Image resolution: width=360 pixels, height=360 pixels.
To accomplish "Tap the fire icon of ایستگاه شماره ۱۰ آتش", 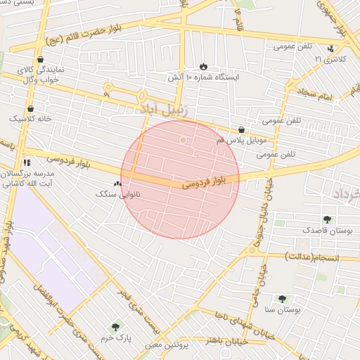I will [204, 66].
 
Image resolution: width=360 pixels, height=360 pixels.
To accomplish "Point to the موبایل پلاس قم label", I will [214, 141].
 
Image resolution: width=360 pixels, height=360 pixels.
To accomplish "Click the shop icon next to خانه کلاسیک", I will [30, 109].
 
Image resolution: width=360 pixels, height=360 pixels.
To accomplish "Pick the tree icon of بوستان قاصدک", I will [326, 219].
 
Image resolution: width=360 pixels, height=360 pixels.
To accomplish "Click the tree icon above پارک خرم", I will [115, 326].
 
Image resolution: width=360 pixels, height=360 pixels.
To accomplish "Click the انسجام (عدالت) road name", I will [310, 257].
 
